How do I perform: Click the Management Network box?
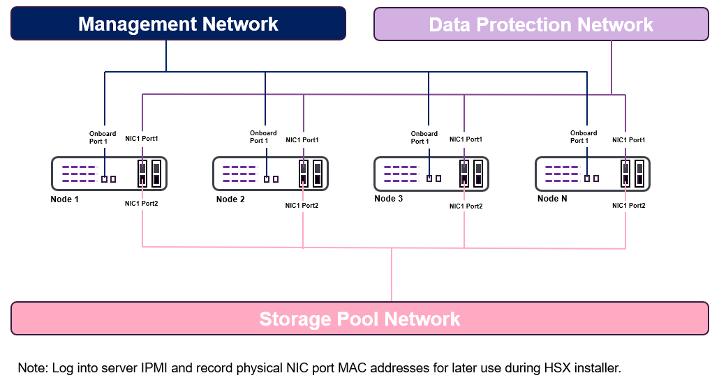[178, 24]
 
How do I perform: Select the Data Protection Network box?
[541, 24]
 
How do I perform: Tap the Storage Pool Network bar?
[359, 319]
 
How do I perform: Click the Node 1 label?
[65, 199]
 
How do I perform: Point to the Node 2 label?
[230, 199]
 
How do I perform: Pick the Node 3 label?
[389, 199]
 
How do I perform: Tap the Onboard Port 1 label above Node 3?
[424, 137]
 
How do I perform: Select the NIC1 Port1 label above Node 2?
[302, 140]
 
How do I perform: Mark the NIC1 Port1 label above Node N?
[628, 140]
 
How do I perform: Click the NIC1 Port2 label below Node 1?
[141, 204]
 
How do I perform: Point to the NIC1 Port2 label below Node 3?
[466, 206]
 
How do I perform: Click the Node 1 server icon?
[108, 174]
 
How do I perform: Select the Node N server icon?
[593, 174]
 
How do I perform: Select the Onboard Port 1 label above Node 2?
[263, 137]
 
